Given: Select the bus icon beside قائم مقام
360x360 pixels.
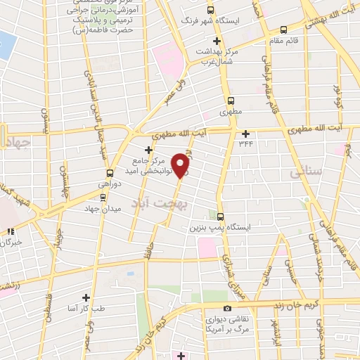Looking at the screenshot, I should click(283, 30).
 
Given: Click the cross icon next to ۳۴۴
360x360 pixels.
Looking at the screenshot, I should click(245, 134).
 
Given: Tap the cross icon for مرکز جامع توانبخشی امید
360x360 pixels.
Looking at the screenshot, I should click(148, 149).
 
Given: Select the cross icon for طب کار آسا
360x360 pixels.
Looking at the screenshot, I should click(86, 298).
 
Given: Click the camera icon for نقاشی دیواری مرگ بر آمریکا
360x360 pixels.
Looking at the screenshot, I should click(226, 309).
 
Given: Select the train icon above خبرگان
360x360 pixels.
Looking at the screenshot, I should click(9, 231).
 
